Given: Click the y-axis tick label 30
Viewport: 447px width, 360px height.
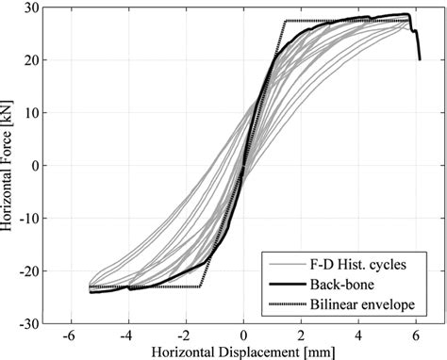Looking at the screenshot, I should point(30,8).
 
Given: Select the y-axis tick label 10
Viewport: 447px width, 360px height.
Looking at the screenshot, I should point(30,113).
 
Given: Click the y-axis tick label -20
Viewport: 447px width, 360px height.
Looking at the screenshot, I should point(27,270).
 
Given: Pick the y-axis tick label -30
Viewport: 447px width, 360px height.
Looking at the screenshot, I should point(27,323).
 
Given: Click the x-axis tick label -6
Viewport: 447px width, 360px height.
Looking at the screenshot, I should point(68,335).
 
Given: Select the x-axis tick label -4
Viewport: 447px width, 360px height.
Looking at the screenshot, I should point(125,335).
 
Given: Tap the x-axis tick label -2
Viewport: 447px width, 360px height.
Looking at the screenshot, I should point(184,335).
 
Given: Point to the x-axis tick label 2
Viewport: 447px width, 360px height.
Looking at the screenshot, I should point(302,335).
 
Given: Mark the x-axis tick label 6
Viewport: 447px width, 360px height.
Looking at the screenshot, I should point(418,335).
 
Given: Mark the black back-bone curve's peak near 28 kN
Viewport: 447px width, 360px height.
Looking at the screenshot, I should point(407,15).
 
